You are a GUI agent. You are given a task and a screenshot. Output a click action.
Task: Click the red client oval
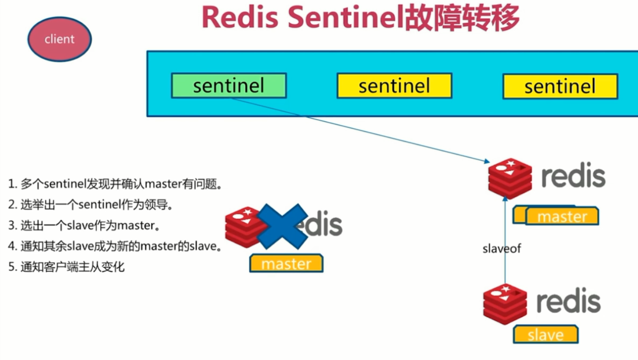(x=59, y=39)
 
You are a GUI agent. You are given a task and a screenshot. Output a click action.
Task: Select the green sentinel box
(x=228, y=86)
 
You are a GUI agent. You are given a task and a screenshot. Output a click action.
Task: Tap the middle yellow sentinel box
(x=394, y=86)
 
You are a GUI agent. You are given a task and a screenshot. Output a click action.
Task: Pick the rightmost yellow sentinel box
(x=560, y=86)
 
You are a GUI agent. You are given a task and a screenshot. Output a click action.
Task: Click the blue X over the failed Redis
(x=282, y=226)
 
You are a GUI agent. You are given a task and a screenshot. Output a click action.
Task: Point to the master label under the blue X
(x=286, y=264)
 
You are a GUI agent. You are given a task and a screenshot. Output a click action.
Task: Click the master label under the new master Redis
(x=562, y=217)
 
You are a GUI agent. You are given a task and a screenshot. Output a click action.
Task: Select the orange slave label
(x=546, y=335)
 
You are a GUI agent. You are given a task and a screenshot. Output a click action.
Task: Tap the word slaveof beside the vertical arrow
(x=501, y=249)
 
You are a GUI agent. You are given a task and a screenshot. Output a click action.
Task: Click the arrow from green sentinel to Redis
(x=359, y=130)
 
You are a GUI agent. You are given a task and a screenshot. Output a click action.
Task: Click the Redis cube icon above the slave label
(x=505, y=304)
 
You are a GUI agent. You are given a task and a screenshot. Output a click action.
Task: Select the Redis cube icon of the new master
(x=510, y=177)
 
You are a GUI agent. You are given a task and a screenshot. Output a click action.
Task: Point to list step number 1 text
(x=115, y=184)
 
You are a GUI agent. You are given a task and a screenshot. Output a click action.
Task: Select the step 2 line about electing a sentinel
(x=92, y=205)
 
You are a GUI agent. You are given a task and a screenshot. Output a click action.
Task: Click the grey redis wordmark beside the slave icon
(x=568, y=302)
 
